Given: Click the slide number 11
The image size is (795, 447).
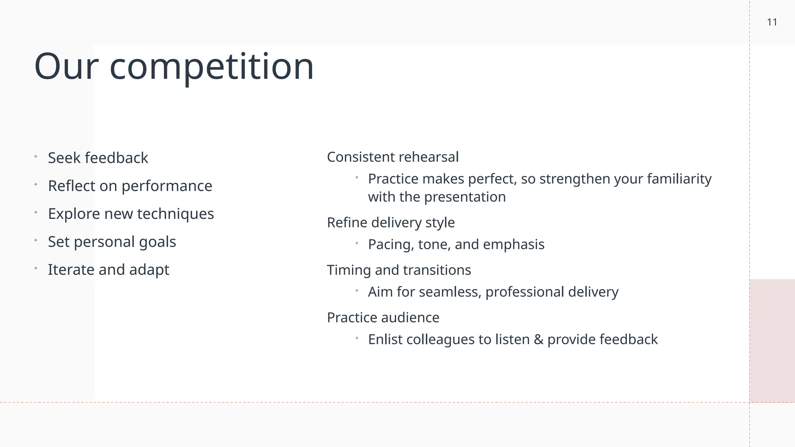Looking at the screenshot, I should pyautogui.click(x=772, y=23).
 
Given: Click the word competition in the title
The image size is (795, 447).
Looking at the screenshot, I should pyautogui.click(x=212, y=67).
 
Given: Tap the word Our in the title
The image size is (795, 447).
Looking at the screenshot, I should pyautogui.click(x=66, y=67).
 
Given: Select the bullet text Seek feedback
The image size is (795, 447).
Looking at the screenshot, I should pyautogui.click(x=98, y=158).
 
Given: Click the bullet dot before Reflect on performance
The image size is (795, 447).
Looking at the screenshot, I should pyautogui.click(x=36, y=185).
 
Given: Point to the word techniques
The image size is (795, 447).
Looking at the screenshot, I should pyautogui.click(x=175, y=214).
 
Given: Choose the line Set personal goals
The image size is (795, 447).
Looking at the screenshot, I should pyautogui.click(x=112, y=242).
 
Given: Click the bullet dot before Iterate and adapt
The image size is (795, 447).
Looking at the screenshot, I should pyautogui.click(x=36, y=268).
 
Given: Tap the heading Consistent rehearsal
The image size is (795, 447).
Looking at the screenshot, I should pyautogui.click(x=392, y=157).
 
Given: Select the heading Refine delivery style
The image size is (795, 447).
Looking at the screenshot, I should pyautogui.click(x=391, y=223).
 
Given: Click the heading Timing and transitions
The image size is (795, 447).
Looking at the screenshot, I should pyautogui.click(x=399, y=270).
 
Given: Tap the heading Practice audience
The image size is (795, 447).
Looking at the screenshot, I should pyautogui.click(x=383, y=317).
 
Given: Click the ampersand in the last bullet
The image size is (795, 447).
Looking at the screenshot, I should pyautogui.click(x=538, y=340).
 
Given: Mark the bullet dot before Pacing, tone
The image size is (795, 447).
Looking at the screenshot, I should pyautogui.click(x=357, y=243).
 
